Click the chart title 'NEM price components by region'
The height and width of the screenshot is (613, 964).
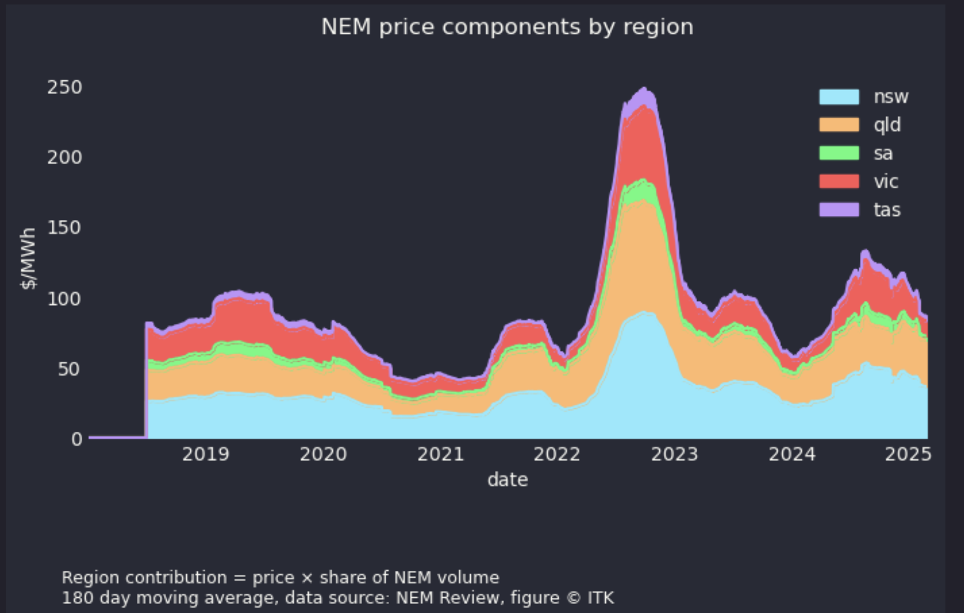point(507,27)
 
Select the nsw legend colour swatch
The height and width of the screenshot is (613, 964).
point(838,97)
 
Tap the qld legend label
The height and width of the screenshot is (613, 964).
point(887,125)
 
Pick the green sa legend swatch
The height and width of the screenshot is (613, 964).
point(838,153)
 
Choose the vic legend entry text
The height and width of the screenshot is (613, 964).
point(886,182)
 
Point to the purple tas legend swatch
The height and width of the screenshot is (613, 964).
point(838,210)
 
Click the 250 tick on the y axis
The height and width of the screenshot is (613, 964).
point(65,87)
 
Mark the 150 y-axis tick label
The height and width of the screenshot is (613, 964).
point(65,228)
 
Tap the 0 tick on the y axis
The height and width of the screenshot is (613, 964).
point(77,439)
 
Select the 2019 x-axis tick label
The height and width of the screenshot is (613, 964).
point(206,454)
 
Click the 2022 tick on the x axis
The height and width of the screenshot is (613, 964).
point(557,454)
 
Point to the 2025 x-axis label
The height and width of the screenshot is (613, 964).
point(908,454)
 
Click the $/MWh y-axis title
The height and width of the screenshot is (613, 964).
point(28,258)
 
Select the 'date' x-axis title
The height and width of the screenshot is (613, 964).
point(507,480)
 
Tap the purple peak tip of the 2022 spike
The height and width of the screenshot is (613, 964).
point(644,89)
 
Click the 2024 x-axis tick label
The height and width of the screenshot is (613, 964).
point(792,454)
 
